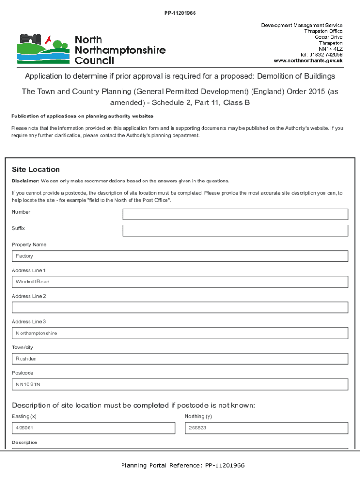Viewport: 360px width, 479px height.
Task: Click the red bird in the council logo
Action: pos(48,39)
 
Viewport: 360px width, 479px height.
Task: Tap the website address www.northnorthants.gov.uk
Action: pos(308,61)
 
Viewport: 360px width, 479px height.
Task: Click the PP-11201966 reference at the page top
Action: pos(180,13)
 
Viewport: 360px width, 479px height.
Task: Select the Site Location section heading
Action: pos(36,169)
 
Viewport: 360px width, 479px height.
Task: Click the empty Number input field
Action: pos(235,214)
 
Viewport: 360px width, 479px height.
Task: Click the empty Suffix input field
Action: pos(235,231)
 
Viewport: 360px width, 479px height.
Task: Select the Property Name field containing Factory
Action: pos(180,256)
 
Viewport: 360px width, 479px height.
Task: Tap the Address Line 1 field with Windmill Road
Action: pos(180,282)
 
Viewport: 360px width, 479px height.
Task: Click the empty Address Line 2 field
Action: pos(180,307)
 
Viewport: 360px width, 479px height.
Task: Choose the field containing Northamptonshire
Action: pos(180,333)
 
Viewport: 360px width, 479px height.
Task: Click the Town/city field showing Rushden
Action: pos(180,359)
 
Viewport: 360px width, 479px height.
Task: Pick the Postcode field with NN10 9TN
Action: pos(180,385)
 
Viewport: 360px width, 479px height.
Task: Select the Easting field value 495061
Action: pos(93,428)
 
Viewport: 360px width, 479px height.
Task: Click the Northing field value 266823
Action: pos(266,428)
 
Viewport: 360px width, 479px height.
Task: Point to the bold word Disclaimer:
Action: pos(25,181)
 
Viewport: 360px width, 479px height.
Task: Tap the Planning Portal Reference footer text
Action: pos(182,465)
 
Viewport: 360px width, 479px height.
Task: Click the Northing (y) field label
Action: pos(198,416)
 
